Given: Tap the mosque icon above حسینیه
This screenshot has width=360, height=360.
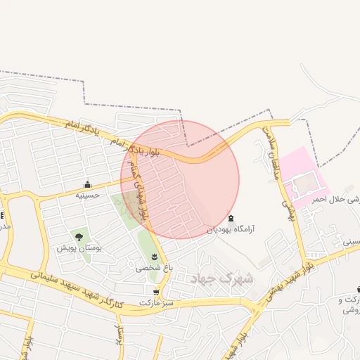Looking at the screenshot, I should [x=87, y=185].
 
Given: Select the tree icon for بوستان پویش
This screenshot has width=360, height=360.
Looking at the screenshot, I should [x=79, y=237].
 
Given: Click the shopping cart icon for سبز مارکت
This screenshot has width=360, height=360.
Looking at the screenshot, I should [x=155, y=292].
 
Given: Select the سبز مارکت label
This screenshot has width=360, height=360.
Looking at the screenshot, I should [x=155, y=302].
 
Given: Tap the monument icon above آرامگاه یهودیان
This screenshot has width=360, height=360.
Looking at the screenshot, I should [x=231, y=218].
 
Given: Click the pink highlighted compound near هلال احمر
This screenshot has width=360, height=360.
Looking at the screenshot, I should [x=304, y=177].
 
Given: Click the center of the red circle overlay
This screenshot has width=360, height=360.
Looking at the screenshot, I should [x=180, y=179].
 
